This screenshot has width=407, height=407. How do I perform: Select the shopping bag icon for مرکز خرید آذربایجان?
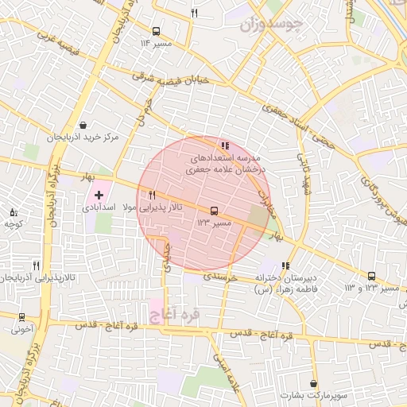tap(83, 125)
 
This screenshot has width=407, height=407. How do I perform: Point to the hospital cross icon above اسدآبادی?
tap(99, 195)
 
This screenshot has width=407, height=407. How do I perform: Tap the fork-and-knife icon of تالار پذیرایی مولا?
tap(152, 195)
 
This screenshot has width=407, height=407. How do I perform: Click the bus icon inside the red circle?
tap(214, 211)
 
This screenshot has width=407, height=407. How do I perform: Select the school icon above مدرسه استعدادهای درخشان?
tap(226, 145)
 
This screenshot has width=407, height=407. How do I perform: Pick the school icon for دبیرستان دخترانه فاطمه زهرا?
tap(285, 266)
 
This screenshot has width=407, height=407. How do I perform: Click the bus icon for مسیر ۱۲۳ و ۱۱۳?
tap(371, 276)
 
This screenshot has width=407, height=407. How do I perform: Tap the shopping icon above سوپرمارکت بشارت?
tap(314, 384)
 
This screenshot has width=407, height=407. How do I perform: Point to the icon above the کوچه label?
tap(13, 212)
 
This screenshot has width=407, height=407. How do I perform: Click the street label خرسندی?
tap(222, 278)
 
